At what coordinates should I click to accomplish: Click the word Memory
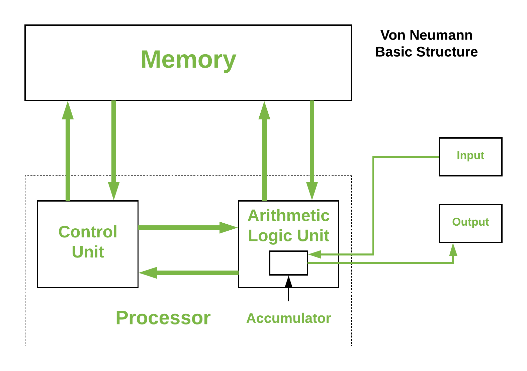188,60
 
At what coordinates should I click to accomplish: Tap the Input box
470,156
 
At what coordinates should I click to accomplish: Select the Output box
470,223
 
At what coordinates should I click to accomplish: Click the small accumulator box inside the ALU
288,263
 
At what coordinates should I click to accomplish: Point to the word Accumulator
288,318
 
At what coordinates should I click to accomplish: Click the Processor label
163,317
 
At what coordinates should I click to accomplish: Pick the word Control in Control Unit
88,232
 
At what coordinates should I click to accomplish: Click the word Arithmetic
288,215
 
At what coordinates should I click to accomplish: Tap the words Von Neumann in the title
426,35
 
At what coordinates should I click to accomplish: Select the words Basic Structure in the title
426,52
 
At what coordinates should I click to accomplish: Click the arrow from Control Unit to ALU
187,227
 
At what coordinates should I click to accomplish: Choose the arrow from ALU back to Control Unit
189,273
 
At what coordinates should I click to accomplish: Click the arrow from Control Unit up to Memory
68,151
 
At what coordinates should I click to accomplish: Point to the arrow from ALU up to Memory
264,151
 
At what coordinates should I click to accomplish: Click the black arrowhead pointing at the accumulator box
288,282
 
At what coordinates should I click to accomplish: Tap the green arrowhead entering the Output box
453,250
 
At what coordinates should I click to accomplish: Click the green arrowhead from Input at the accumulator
315,254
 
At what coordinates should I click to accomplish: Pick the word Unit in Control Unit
88,252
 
